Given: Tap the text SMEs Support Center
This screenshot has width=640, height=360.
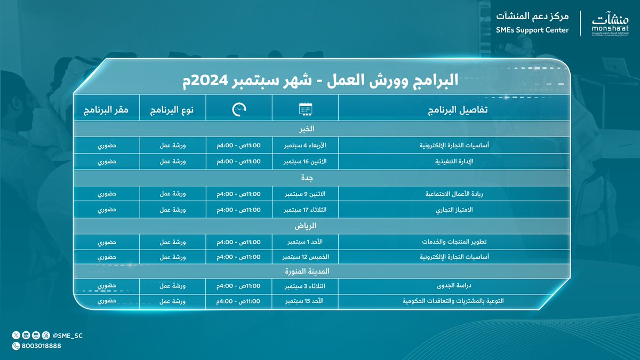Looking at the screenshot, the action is point(532,30).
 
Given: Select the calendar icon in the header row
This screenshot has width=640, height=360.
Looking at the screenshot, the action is point(306,109).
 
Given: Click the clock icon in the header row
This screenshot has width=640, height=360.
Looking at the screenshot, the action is point(239,109).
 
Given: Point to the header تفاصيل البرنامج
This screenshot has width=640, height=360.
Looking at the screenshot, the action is point(458,110).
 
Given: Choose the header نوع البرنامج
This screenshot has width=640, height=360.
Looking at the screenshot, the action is point(172,110).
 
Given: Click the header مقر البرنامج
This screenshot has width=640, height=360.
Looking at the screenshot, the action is point(106,110).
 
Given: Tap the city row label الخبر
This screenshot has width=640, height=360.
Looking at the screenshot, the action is point(307,129).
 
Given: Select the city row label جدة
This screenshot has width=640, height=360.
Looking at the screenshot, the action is point(307,178).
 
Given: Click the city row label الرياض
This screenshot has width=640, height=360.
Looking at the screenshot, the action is point(306,226).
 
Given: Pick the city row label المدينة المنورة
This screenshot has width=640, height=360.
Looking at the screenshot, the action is point(307,271).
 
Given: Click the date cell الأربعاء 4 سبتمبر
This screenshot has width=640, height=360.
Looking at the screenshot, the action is point(305,146).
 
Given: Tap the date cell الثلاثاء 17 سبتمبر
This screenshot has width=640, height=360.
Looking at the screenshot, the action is point(305,210).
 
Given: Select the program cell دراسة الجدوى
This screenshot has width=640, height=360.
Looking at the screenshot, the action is point(454,285).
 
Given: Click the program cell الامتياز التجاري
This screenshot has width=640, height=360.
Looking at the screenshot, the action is point(454,210).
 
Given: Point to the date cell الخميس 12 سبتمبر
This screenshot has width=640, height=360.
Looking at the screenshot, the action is point(306,257).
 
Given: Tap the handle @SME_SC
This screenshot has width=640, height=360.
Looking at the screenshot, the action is point(68,335).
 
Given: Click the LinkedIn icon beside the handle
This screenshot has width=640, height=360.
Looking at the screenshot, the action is point(26,335).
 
